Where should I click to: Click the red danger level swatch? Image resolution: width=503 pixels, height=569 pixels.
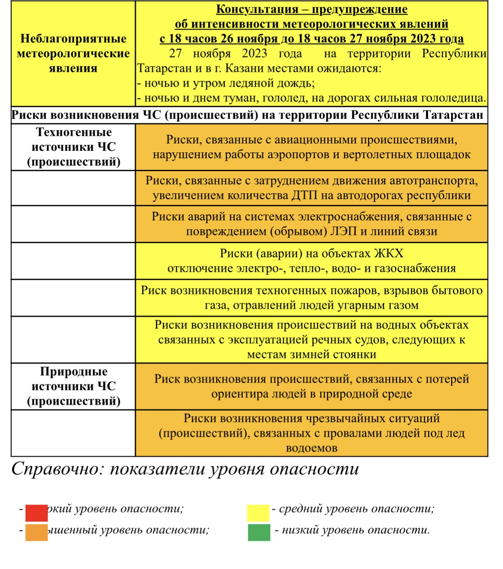pos(37,513)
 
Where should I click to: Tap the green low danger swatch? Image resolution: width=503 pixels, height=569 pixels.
pos(259,532)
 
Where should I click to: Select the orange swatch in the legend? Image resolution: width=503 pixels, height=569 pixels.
pos(37,533)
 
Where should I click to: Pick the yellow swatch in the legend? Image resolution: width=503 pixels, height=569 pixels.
pos(258,513)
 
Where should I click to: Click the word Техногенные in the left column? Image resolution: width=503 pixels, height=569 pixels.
pos(73,132)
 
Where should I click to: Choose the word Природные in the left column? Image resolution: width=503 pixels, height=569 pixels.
pos(73,372)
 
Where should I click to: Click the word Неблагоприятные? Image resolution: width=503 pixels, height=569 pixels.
pos(73,39)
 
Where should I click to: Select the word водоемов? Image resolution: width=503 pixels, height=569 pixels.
pos(312,448)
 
